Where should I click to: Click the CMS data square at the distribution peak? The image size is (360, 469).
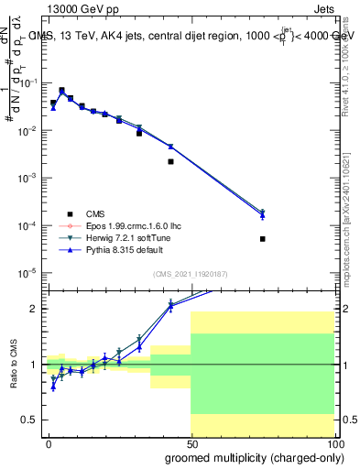[x=61, y=91]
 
